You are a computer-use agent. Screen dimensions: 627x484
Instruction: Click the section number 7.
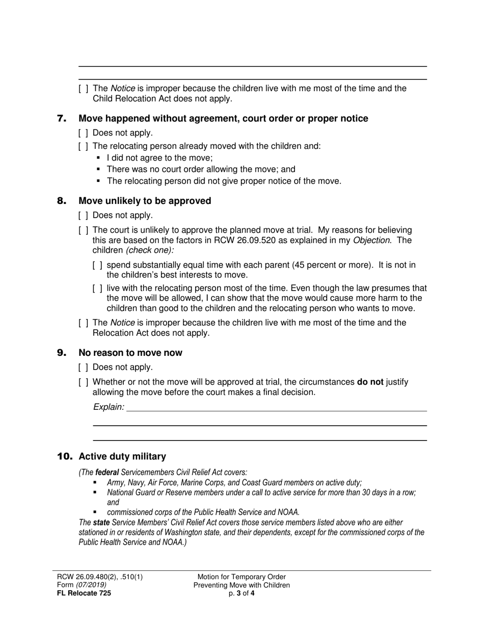tap(62, 119)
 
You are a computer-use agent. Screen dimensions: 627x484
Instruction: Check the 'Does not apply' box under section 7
tap(84, 133)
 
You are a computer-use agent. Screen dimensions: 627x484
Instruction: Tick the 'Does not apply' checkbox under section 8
tap(84, 216)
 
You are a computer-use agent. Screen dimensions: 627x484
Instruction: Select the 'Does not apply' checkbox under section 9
tap(84, 368)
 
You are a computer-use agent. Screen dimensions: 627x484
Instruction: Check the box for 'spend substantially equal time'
tap(98, 265)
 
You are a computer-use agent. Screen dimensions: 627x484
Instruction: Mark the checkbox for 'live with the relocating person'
tap(98, 289)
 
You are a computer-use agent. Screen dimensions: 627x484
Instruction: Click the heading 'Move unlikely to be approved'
tap(145, 201)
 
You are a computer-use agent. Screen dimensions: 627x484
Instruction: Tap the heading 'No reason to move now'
tap(130, 353)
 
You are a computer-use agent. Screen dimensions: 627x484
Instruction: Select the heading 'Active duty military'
tap(122, 456)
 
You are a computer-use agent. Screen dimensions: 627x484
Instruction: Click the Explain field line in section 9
tap(275, 407)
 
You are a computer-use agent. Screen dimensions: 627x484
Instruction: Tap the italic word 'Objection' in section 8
tap(371, 240)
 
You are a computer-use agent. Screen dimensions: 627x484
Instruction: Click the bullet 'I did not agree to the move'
tap(159, 158)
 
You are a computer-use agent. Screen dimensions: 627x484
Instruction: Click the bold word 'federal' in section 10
tap(107, 473)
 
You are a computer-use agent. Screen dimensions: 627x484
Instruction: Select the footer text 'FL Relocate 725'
tap(84, 593)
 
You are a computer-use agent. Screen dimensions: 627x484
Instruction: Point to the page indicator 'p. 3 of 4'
tap(241, 593)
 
